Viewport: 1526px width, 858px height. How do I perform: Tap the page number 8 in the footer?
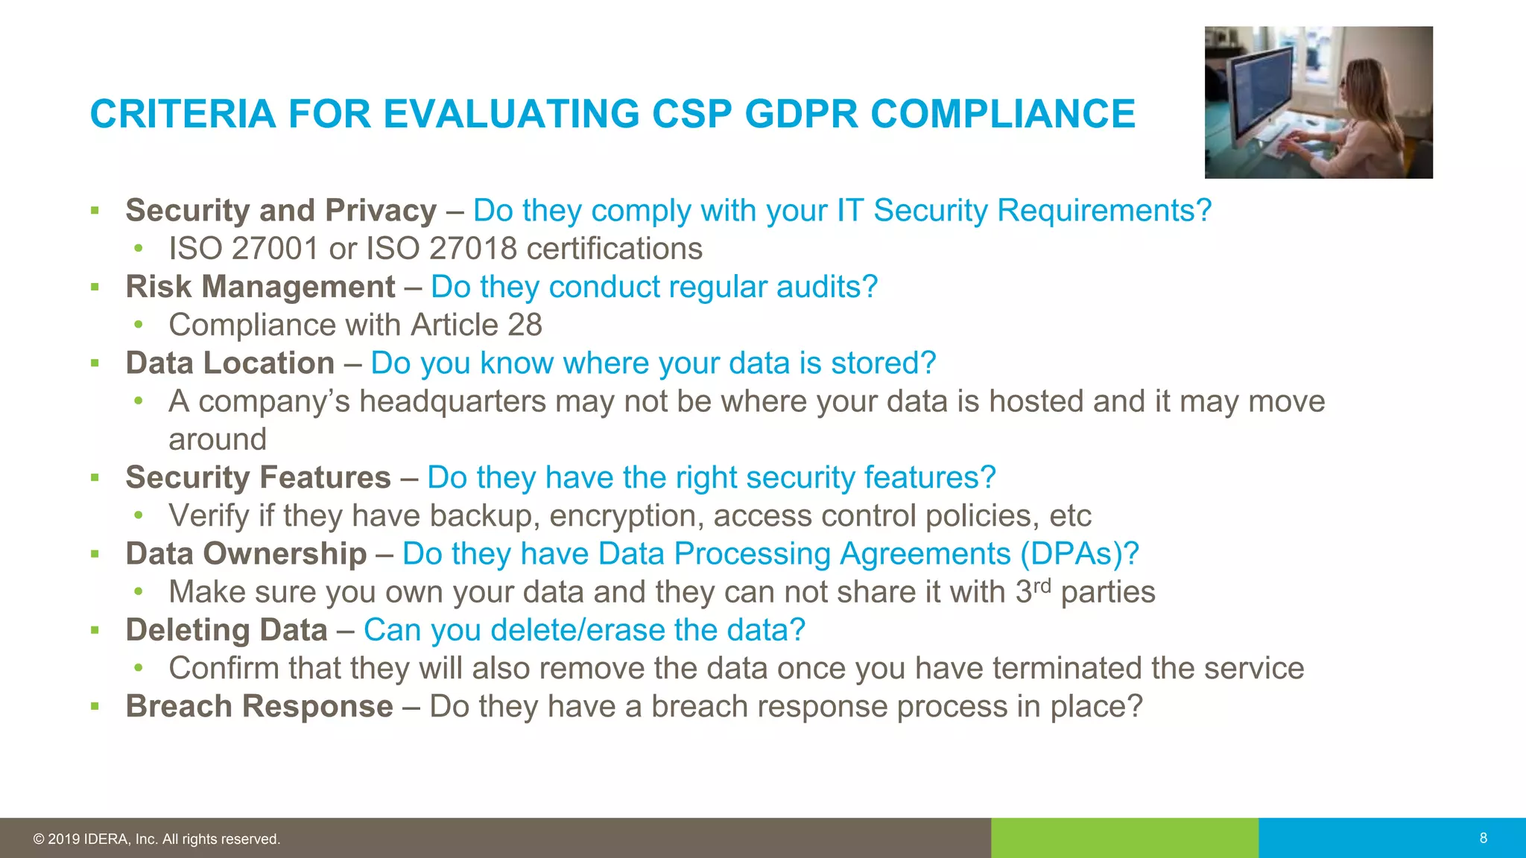tap(1483, 838)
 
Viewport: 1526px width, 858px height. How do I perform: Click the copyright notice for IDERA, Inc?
tap(156, 839)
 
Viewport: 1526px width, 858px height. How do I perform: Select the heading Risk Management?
tap(260, 287)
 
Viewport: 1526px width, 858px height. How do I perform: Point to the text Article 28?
tap(476, 325)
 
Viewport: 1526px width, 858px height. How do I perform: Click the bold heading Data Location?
tap(229, 363)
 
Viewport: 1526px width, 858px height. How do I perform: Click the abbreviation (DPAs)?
tap(1080, 553)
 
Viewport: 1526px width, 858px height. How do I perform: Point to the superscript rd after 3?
tap(1042, 585)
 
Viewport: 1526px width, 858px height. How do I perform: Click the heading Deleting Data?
tap(227, 630)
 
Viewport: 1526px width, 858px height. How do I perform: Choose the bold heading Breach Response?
tap(259, 706)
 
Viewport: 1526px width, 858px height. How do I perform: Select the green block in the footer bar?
tap(1124, 838)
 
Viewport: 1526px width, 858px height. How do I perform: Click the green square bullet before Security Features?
tap(95, 477)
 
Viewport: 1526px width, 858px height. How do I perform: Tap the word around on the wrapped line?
tap(218, 439)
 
